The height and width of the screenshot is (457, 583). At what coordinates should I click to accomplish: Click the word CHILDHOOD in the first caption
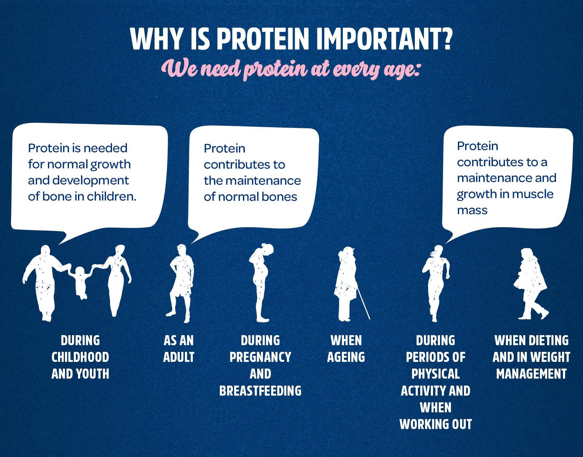[x=80, y=357]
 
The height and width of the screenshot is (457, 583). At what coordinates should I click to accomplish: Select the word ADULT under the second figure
[x=179, y=357]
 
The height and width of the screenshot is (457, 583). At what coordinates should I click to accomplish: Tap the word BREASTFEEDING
[x=261, y=390]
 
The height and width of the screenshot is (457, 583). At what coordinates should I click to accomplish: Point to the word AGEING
[x=346, y=357]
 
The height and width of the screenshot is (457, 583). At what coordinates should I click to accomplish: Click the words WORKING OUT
[x=436, y=424]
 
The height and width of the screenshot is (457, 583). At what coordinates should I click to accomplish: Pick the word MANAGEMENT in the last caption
[x=531, y=374]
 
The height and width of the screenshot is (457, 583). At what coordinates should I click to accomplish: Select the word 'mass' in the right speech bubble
[x=472, y=210]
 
